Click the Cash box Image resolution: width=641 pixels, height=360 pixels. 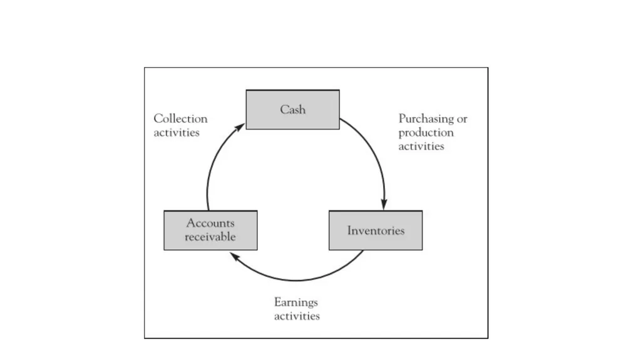pyautogui.click(x=293, y=110)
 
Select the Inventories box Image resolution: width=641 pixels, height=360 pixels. pyautogui.click(x=376, y=230)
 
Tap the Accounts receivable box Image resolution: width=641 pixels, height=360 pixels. pyautogui.click(x=210, y=230)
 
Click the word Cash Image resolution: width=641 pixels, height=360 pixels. pyautogui.click(x=293, y=110)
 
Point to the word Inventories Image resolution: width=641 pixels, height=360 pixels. pyautogui.click(x=376, y=231)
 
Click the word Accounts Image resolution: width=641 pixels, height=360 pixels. pyautogui.click(x=210, y=223)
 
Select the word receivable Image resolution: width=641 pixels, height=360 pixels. pyautogui.click(x=210, y=237)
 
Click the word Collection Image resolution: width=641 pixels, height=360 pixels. pyautogui.click(x=181, y=118)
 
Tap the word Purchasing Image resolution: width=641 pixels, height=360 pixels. pyautogui.click(x=426, y=119)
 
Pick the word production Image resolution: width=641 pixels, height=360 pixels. pyautogui.click(x=426, y=133)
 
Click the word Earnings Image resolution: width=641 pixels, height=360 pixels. pyautogui.click(x=296, y=303)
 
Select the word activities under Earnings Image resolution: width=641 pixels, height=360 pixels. pyautogui.click(x=297, y=316)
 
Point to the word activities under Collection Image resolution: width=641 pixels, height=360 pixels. pyautogui.click(x=177, y=133)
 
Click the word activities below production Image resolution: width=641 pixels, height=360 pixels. pyautogui.click(x=421, y=147)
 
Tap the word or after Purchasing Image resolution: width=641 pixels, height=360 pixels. pyautogui.click(x=462, y=120)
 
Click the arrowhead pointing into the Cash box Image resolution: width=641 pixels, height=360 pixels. pyautogui.click(x=240, y=127)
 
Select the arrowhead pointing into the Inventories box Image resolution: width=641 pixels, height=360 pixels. pyautogui.click(x=384, y=204)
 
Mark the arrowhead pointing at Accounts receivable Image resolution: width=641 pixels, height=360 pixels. pyautogui.click(x=235, y=256)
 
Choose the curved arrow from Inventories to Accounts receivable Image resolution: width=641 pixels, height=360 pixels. pyautogui.click(x=295, y=280)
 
